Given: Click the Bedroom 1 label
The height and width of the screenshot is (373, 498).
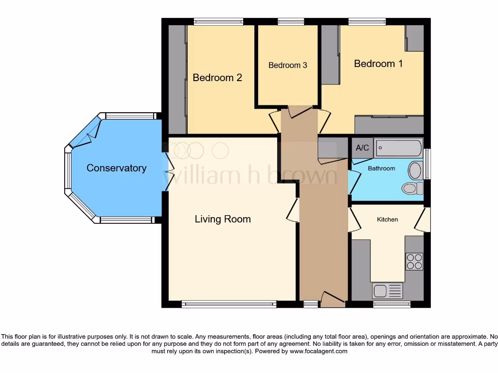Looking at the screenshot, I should click(x=378, y=64).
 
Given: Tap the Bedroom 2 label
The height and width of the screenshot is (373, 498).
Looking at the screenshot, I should click(x=217, y=78).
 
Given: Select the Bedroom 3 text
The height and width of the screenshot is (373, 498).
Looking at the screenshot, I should click(x=287, y=65).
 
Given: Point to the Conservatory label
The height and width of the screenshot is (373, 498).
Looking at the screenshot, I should click(x=116, y=168).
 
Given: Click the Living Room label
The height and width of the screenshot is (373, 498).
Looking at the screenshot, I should click(x=223, y=219).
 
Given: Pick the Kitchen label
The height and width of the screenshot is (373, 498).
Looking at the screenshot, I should click(x=387, y=220).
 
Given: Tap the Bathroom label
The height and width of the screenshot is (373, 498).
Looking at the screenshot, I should click(x=381, y=169).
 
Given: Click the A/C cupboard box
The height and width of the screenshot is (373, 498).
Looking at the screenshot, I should click(x=362, y=148).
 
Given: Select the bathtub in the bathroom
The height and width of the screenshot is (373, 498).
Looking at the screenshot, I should click(x=398, y=148).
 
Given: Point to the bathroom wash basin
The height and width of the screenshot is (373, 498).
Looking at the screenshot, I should click(x=415, y=170).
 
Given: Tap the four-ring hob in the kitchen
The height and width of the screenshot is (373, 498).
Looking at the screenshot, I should click(x=414, y=261).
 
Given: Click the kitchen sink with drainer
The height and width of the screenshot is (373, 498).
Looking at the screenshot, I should click(x=388, y=291).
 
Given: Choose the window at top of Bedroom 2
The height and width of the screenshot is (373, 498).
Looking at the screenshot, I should click(x=218, y=21).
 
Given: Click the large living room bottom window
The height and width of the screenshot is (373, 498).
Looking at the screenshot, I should click(x=229, y=305).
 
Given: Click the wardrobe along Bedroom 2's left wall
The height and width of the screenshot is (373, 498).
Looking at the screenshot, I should click(x=177, y=79).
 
